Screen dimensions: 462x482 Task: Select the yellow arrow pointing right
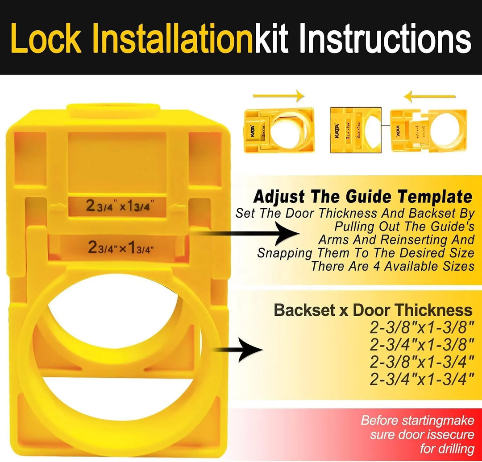tap(278, 95)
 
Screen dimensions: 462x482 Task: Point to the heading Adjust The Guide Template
tap(362, 197)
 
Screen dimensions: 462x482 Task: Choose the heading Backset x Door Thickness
tap(373, 310)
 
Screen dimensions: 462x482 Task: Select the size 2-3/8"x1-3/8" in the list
tap(421, 328)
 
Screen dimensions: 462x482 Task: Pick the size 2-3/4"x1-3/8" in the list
tap(421, 345)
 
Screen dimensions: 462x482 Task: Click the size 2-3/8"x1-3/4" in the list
tap(421, 362)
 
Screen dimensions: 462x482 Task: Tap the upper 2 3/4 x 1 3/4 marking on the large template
tap(120, 207)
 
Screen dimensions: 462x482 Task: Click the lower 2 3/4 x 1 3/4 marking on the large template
tap(121, 247)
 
